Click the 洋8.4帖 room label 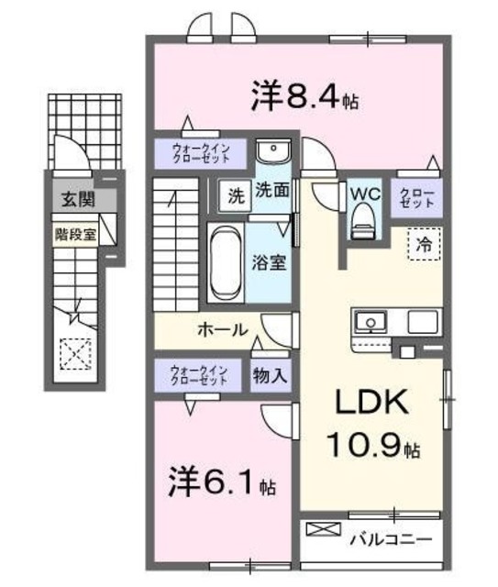click(x=304, y=96)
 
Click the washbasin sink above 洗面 click(x=272, y=152)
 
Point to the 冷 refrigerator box click(x=424, y=246)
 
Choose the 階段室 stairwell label click(x=74, y=234)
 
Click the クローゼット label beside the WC click(x=417, y=197)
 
